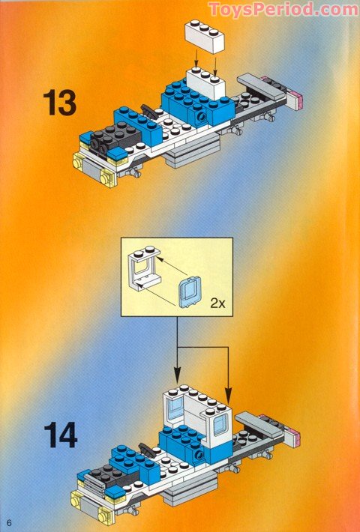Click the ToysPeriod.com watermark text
tap(283, 9)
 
